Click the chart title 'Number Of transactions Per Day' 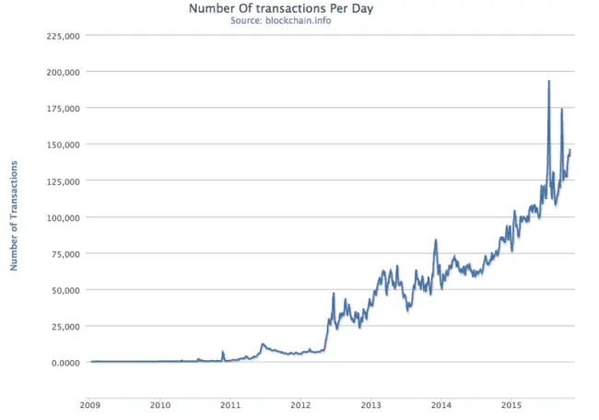click(281, 8)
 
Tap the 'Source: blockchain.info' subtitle click(281, 20)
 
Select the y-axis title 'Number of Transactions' click(14, 216)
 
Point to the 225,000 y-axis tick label click(64, 36)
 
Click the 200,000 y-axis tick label click(64, 73)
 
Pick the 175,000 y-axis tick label click(64, 109)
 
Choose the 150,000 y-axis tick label click(64, 146)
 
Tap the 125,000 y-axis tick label click(64, 181)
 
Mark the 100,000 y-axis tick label click(64, 218)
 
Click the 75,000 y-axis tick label click(65, 254)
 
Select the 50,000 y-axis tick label click(65, 290)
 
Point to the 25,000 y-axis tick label click(65, 327)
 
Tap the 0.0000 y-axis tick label click(65, 363)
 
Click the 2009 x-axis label click(90, 405)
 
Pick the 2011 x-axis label click(230, 405)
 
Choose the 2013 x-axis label click(371, 405)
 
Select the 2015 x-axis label click(511, 405)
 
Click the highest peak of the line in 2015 click(549, 81)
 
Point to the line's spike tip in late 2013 click(436, 239)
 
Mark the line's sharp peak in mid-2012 click(334, 293)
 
